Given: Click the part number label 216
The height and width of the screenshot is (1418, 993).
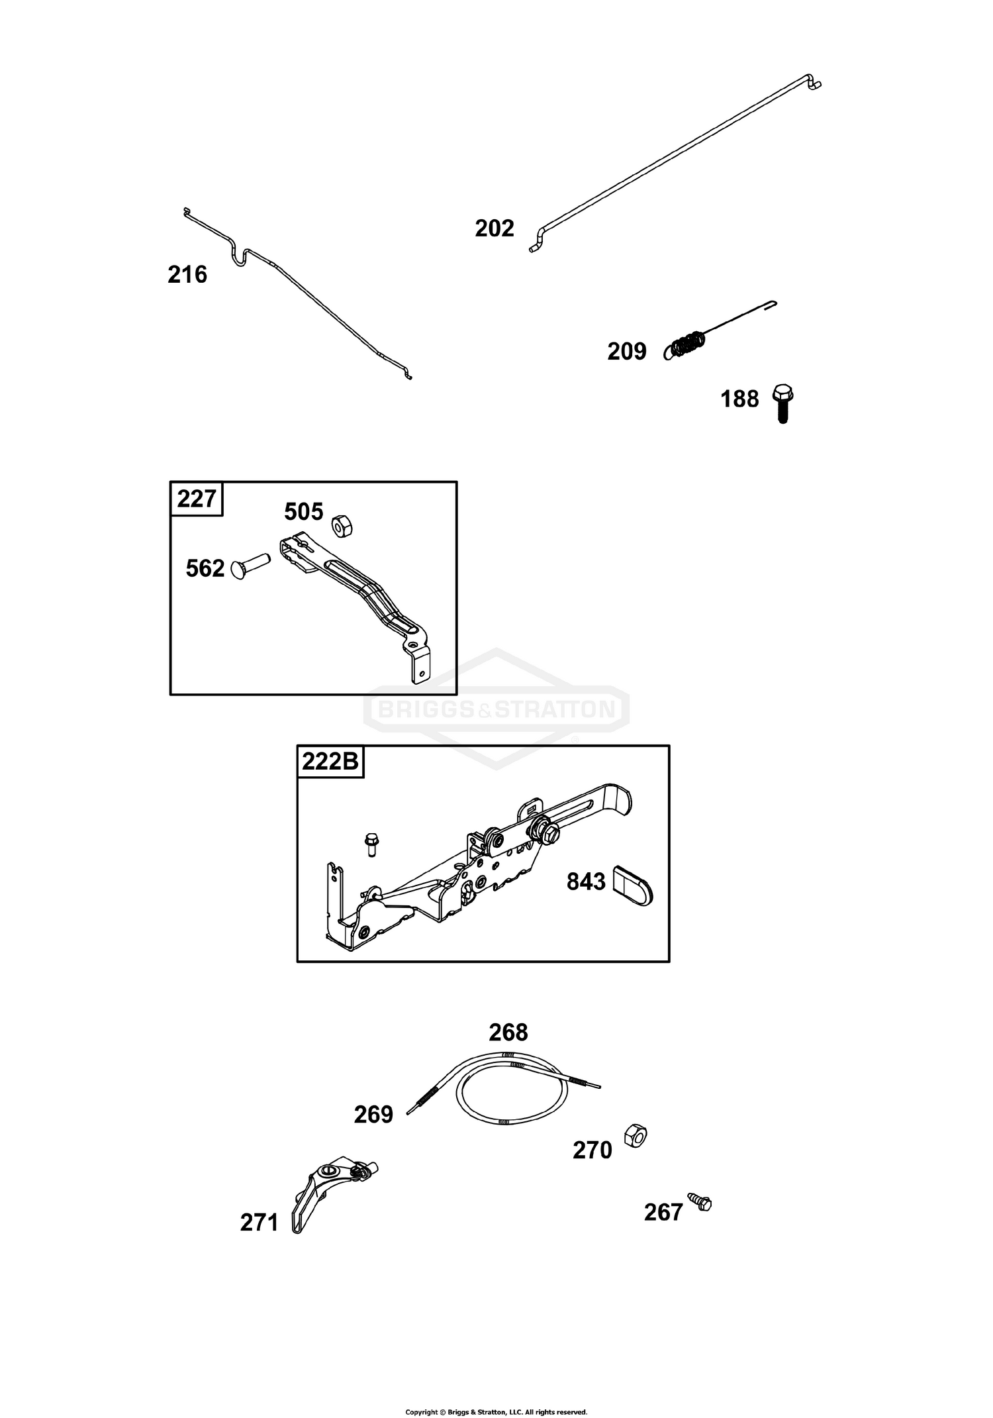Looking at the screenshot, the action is coord(187,274).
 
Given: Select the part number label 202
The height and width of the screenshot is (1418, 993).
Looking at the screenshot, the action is coord(495,228).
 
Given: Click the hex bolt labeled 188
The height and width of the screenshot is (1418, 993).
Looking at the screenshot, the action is coord(783,403).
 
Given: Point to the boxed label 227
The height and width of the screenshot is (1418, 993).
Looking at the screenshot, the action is coord(197,499).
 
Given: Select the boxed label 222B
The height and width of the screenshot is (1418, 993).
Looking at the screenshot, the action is coord(330,762).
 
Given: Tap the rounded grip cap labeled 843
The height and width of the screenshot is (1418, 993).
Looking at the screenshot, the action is coord(632,885).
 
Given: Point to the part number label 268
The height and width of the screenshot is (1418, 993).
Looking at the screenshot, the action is coord(508,1033).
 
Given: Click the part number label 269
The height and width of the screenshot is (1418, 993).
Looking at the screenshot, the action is coord(373,1115).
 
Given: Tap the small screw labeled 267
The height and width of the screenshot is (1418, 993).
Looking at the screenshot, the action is coord(700,1201).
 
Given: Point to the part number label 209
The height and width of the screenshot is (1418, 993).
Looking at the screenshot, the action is coord(627,352).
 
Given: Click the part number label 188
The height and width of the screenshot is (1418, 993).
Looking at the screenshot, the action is coord(739,399).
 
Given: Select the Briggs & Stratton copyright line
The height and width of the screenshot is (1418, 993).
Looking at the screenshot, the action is coord(496,1407).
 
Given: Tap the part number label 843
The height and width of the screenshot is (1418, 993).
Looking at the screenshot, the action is coord(586,882).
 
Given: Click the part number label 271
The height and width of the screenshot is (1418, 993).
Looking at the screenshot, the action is coord(260,1223).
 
